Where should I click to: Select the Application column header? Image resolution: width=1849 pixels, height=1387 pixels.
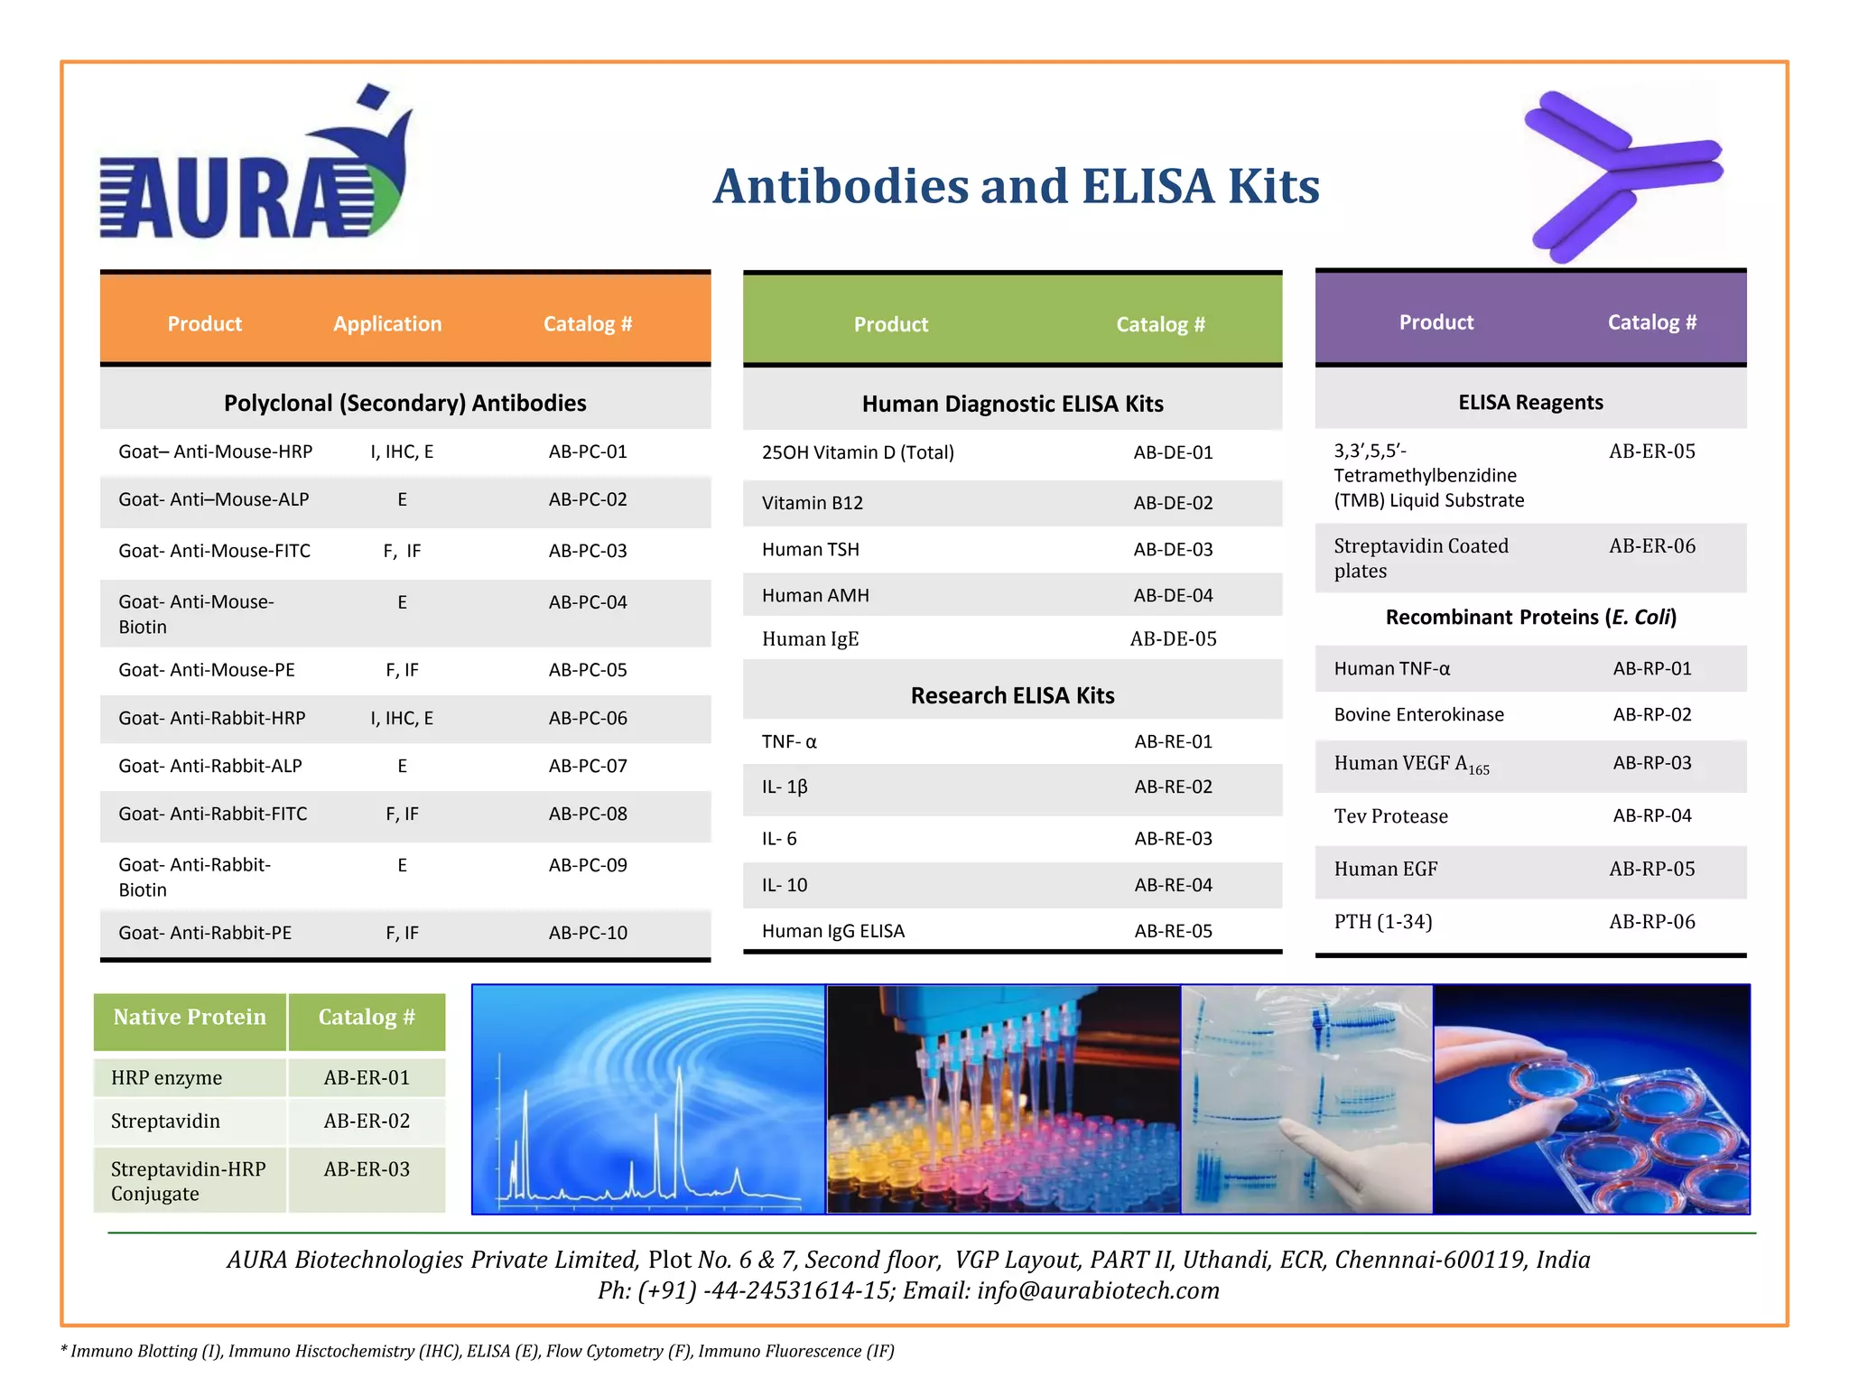click(387, 324)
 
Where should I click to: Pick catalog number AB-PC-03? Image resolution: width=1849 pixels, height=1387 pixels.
click(588, 551)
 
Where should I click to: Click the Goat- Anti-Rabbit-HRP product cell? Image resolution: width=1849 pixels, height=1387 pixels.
click(212, 719)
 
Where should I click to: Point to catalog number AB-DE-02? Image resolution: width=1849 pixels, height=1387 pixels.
click(1173, 503)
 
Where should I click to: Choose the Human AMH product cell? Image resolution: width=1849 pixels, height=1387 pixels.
click(815, 596)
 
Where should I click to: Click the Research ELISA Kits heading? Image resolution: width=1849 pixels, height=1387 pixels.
click(1012, 695)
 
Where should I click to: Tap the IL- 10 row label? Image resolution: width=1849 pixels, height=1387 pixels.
click(785, 886)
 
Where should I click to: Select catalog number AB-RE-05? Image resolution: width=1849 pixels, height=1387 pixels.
click(1173, 932)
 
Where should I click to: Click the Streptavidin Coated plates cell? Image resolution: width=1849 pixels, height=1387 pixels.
click(1420, 558)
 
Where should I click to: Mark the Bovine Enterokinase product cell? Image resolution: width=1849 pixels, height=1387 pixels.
click(1418, 715)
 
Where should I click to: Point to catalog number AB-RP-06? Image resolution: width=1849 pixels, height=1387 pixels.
click(1651, 922)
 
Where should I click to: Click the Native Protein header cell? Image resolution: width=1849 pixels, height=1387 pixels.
click(190, 1018)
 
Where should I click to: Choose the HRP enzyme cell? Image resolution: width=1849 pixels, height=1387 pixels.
click(166, 1078)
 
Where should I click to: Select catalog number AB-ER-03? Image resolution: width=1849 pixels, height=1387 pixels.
click(367, 1169)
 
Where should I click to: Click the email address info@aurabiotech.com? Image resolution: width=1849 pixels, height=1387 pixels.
click(1098, 1291)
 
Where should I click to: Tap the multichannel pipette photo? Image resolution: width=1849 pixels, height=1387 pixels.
click(1003, 1099)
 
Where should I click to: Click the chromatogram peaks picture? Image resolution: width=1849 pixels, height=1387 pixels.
click(648, 1099)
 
